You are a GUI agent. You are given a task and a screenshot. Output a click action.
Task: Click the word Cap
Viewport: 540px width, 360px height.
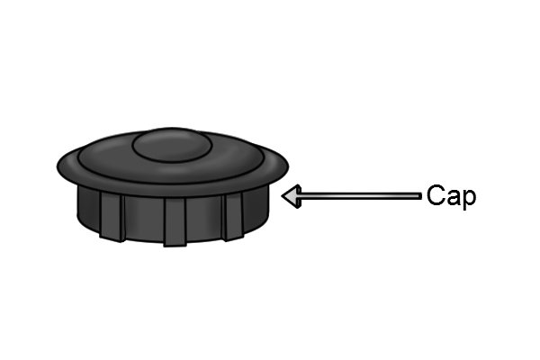[451, 196]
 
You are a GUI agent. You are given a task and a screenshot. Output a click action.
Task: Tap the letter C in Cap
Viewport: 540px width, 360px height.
[436, 194]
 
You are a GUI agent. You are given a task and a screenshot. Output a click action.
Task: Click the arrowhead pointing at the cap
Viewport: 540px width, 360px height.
[292, 196]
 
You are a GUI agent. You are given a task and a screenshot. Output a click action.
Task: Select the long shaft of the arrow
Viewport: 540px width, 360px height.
[361, 196]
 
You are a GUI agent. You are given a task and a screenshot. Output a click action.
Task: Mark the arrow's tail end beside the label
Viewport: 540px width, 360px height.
[421, 196]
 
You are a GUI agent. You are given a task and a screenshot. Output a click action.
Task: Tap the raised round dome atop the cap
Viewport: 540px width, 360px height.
[172, 145]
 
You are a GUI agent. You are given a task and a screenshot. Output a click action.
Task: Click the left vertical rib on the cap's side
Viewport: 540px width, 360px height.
[112, 216]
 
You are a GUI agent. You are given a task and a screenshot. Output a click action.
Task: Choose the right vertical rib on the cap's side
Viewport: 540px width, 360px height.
[234, 216]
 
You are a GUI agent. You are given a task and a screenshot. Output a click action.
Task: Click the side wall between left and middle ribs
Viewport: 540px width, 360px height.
[144, 219]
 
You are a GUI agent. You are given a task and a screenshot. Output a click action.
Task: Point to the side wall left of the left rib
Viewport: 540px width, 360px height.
[88, 209]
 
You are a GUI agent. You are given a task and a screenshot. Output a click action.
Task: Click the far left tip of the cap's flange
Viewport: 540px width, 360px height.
[58, 166]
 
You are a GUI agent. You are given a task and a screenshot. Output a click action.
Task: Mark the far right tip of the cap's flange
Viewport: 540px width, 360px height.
[288, 166]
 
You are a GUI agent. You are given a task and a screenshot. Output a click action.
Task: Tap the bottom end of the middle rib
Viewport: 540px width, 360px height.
[175, 246]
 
